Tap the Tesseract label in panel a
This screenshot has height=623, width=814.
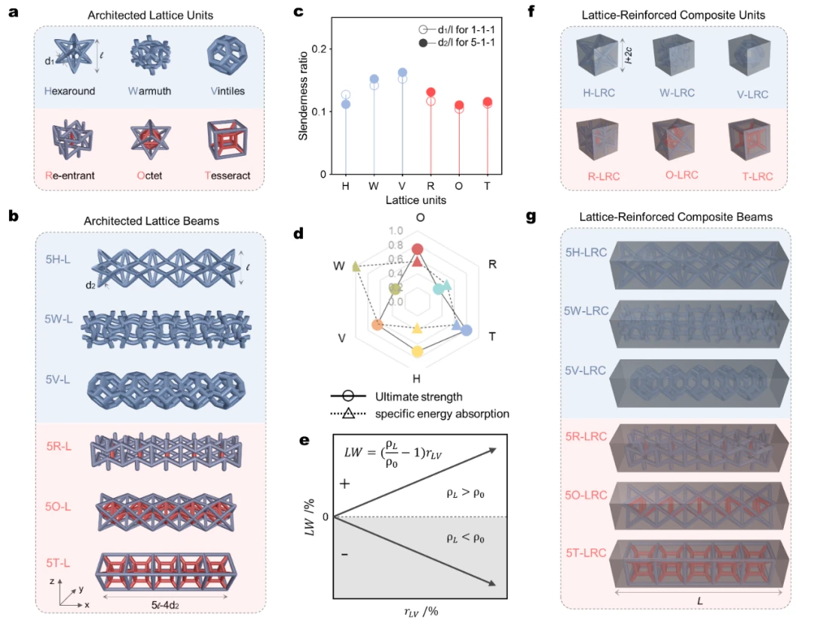pyautogui.click(x=228, y=176)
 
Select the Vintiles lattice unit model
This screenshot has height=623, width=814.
pyautogui.click(x=227, y=54)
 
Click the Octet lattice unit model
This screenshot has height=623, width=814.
pyautogui.click(x=150, y=137)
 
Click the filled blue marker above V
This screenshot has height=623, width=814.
pyautogui.click(x=402, y=72)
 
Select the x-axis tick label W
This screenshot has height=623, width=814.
pyautogui.click(x=374, y=186)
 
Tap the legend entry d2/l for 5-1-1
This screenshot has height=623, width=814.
pyautogui.click(x=457, y=42)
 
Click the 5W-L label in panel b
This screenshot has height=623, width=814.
pyautogui.click(x=58, y=319)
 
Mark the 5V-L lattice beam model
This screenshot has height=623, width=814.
pyautogui.click(x=166, y=389)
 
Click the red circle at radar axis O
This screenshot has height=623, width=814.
pyautogui.click(x=418, y=249)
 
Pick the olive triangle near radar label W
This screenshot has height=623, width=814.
pyautogui.click(x=356, y=267)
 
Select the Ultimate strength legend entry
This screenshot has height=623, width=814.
pyautogui.click(x=396, y=397)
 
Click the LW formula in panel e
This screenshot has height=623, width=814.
pyautogui.click(x=393, y=453)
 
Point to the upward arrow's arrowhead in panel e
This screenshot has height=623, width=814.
pyautogui.click(x=491, y=450)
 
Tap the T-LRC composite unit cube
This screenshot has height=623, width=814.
pyautogui.click(x=750, y=139)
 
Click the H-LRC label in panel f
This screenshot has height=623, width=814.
pyautogui.click(x=599, y=93)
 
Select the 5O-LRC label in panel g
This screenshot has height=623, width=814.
pyautogui.click(x=586, y=496)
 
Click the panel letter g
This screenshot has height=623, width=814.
pyautogui.click(x=531, y=216)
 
